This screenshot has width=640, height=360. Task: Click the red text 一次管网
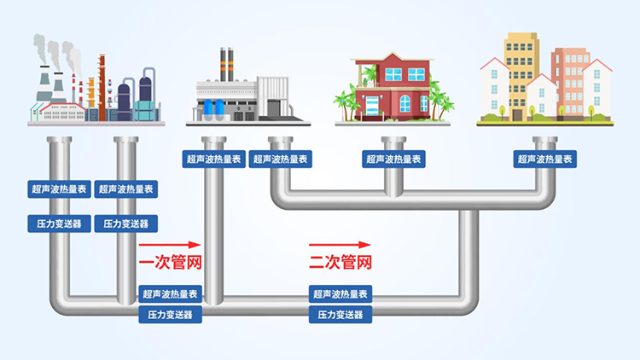point(169,262)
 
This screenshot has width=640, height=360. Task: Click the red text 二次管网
point(340,262)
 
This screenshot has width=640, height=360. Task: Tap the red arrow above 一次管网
point(168,244)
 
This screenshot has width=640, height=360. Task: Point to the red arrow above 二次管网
point(340,244)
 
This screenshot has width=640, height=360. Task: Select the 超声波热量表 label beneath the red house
point(393,159)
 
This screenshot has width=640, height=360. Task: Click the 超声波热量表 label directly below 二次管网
point(340,294)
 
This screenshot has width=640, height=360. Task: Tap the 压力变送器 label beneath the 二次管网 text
point(340,315)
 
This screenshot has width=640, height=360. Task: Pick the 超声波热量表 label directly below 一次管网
point(171,294)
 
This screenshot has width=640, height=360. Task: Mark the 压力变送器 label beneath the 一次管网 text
point(171,315)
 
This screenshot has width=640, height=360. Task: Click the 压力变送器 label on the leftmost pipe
point(57,224)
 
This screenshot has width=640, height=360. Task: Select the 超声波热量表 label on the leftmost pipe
point(57,189)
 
